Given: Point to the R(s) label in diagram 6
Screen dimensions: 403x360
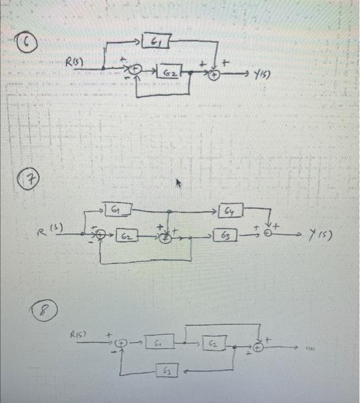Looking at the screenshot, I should coord(76,60).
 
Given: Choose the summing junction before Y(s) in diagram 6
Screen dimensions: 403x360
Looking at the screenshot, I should coord(214,74).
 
